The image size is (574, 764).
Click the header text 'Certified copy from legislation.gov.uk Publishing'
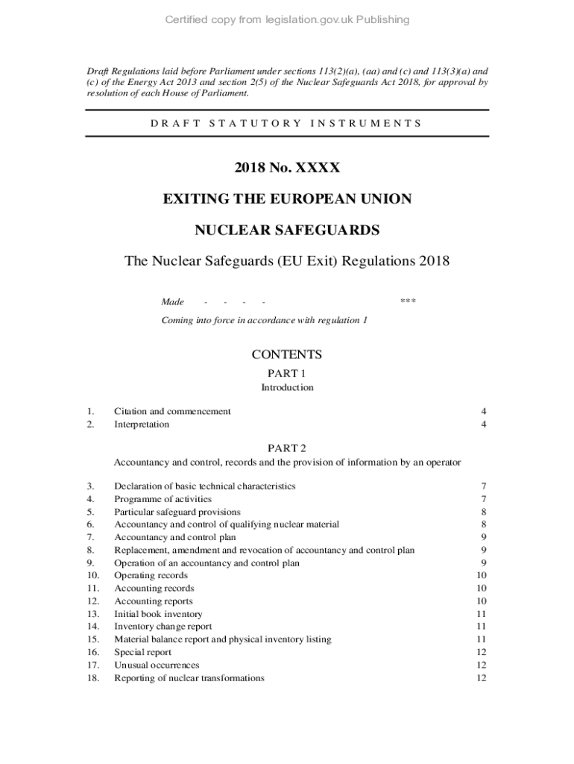[x=287, y=19]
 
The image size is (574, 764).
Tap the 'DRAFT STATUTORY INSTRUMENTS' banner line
[x=287, y=123]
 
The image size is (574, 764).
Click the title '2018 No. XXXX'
[x=287, y=169]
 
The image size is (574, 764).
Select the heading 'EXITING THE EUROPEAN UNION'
[x=287, y=200]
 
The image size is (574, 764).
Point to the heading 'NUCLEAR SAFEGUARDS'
[x=287, y=231]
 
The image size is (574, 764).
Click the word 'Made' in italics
[x=173, y=302]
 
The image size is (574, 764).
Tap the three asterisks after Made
[x=408, y=302]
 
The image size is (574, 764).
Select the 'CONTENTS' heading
[x=287, y=355]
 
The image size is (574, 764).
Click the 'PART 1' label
[x=287, y=373]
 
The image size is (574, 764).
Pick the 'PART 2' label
[x=287, y=448]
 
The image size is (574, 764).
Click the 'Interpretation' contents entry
[x=142, y=425]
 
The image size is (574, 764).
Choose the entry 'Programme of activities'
[x=163, y=499]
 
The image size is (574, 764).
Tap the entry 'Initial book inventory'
[x=158, y=614]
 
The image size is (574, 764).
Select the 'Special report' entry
[x=142, y=652]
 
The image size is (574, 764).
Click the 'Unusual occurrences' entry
[x=157, y=665]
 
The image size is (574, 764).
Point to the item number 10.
[x=93, y=576]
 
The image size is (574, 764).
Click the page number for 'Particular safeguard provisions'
[x=484, y=512]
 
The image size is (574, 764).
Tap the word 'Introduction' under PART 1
[x=287, y=388]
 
